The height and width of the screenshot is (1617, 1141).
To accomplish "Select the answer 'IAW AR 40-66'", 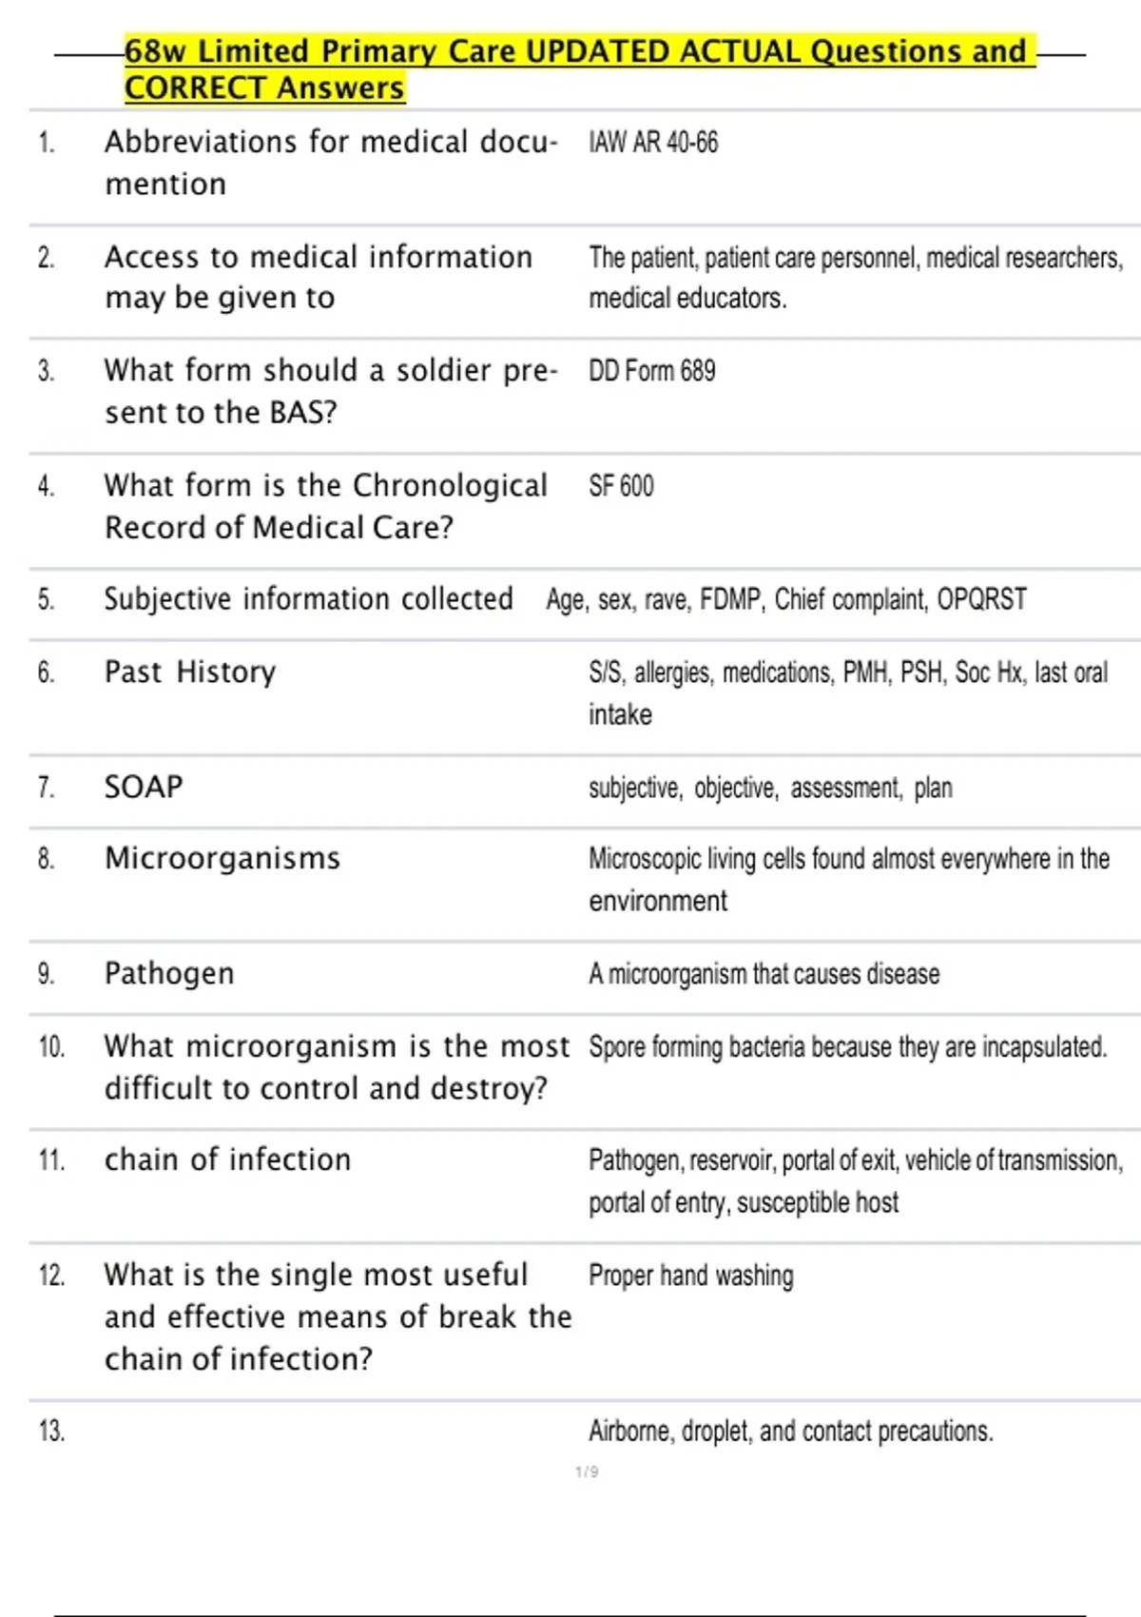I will (x=653, y=143).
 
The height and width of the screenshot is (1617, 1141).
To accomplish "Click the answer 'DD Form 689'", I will (x=651, y=371).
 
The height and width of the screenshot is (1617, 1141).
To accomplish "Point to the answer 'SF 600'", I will (x=621, y=486).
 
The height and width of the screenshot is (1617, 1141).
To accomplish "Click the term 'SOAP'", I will (x=144, y=787).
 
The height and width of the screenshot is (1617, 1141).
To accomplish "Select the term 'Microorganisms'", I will (x=222, y=858).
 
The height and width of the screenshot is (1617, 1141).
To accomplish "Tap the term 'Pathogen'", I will (x=169, y=973).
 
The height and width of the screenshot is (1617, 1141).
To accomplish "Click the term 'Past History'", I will (x=190, y=672).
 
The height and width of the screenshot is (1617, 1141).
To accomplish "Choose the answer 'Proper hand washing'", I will (x=690, y=1276).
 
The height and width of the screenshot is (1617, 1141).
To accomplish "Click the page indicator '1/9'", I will (x=587, y=1472).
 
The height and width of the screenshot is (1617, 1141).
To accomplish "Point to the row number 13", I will (x=51, y=1431).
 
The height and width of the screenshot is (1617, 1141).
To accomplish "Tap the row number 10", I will (x=51, y=1047).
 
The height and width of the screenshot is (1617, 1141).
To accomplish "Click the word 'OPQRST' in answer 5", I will (x=981, y=599).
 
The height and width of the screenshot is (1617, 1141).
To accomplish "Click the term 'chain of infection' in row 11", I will (x=228, y=1159).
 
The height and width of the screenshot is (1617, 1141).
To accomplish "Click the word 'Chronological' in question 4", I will (x=450, y=485).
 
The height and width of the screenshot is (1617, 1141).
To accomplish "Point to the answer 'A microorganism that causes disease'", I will (x=764, y=974).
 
